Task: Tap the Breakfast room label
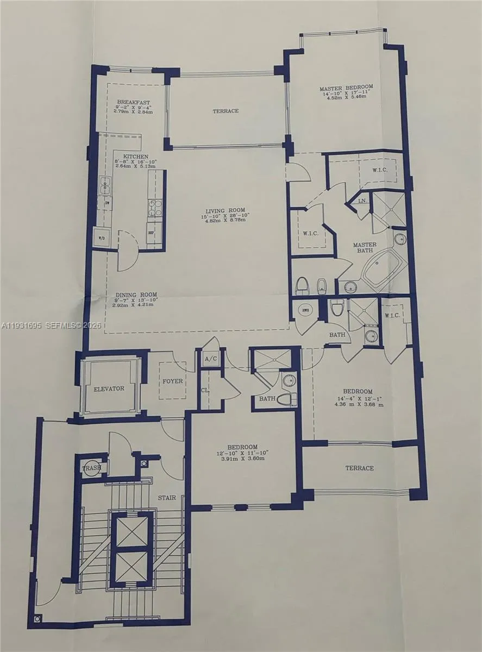[133, 103]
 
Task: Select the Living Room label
[225, 210]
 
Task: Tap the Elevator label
[109, 388]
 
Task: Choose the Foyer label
[173, 381]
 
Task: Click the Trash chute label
[90, 468]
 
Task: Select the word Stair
[167, 497]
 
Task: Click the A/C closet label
[210, 359]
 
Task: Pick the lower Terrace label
[360, 468]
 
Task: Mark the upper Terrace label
[226, 111]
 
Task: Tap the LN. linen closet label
[361, 201]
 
